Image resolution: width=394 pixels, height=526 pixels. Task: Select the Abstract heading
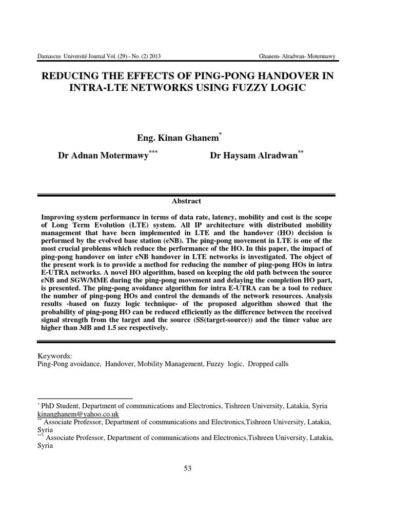[x=187, y=201]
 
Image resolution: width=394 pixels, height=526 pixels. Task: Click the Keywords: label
[x=55, y=356]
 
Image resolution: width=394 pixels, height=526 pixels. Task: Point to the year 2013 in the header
[x=156, y=56]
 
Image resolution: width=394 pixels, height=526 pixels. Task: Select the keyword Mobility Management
[x=167, y=364]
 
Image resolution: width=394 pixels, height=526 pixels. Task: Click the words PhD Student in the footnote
[x=61, y=406]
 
